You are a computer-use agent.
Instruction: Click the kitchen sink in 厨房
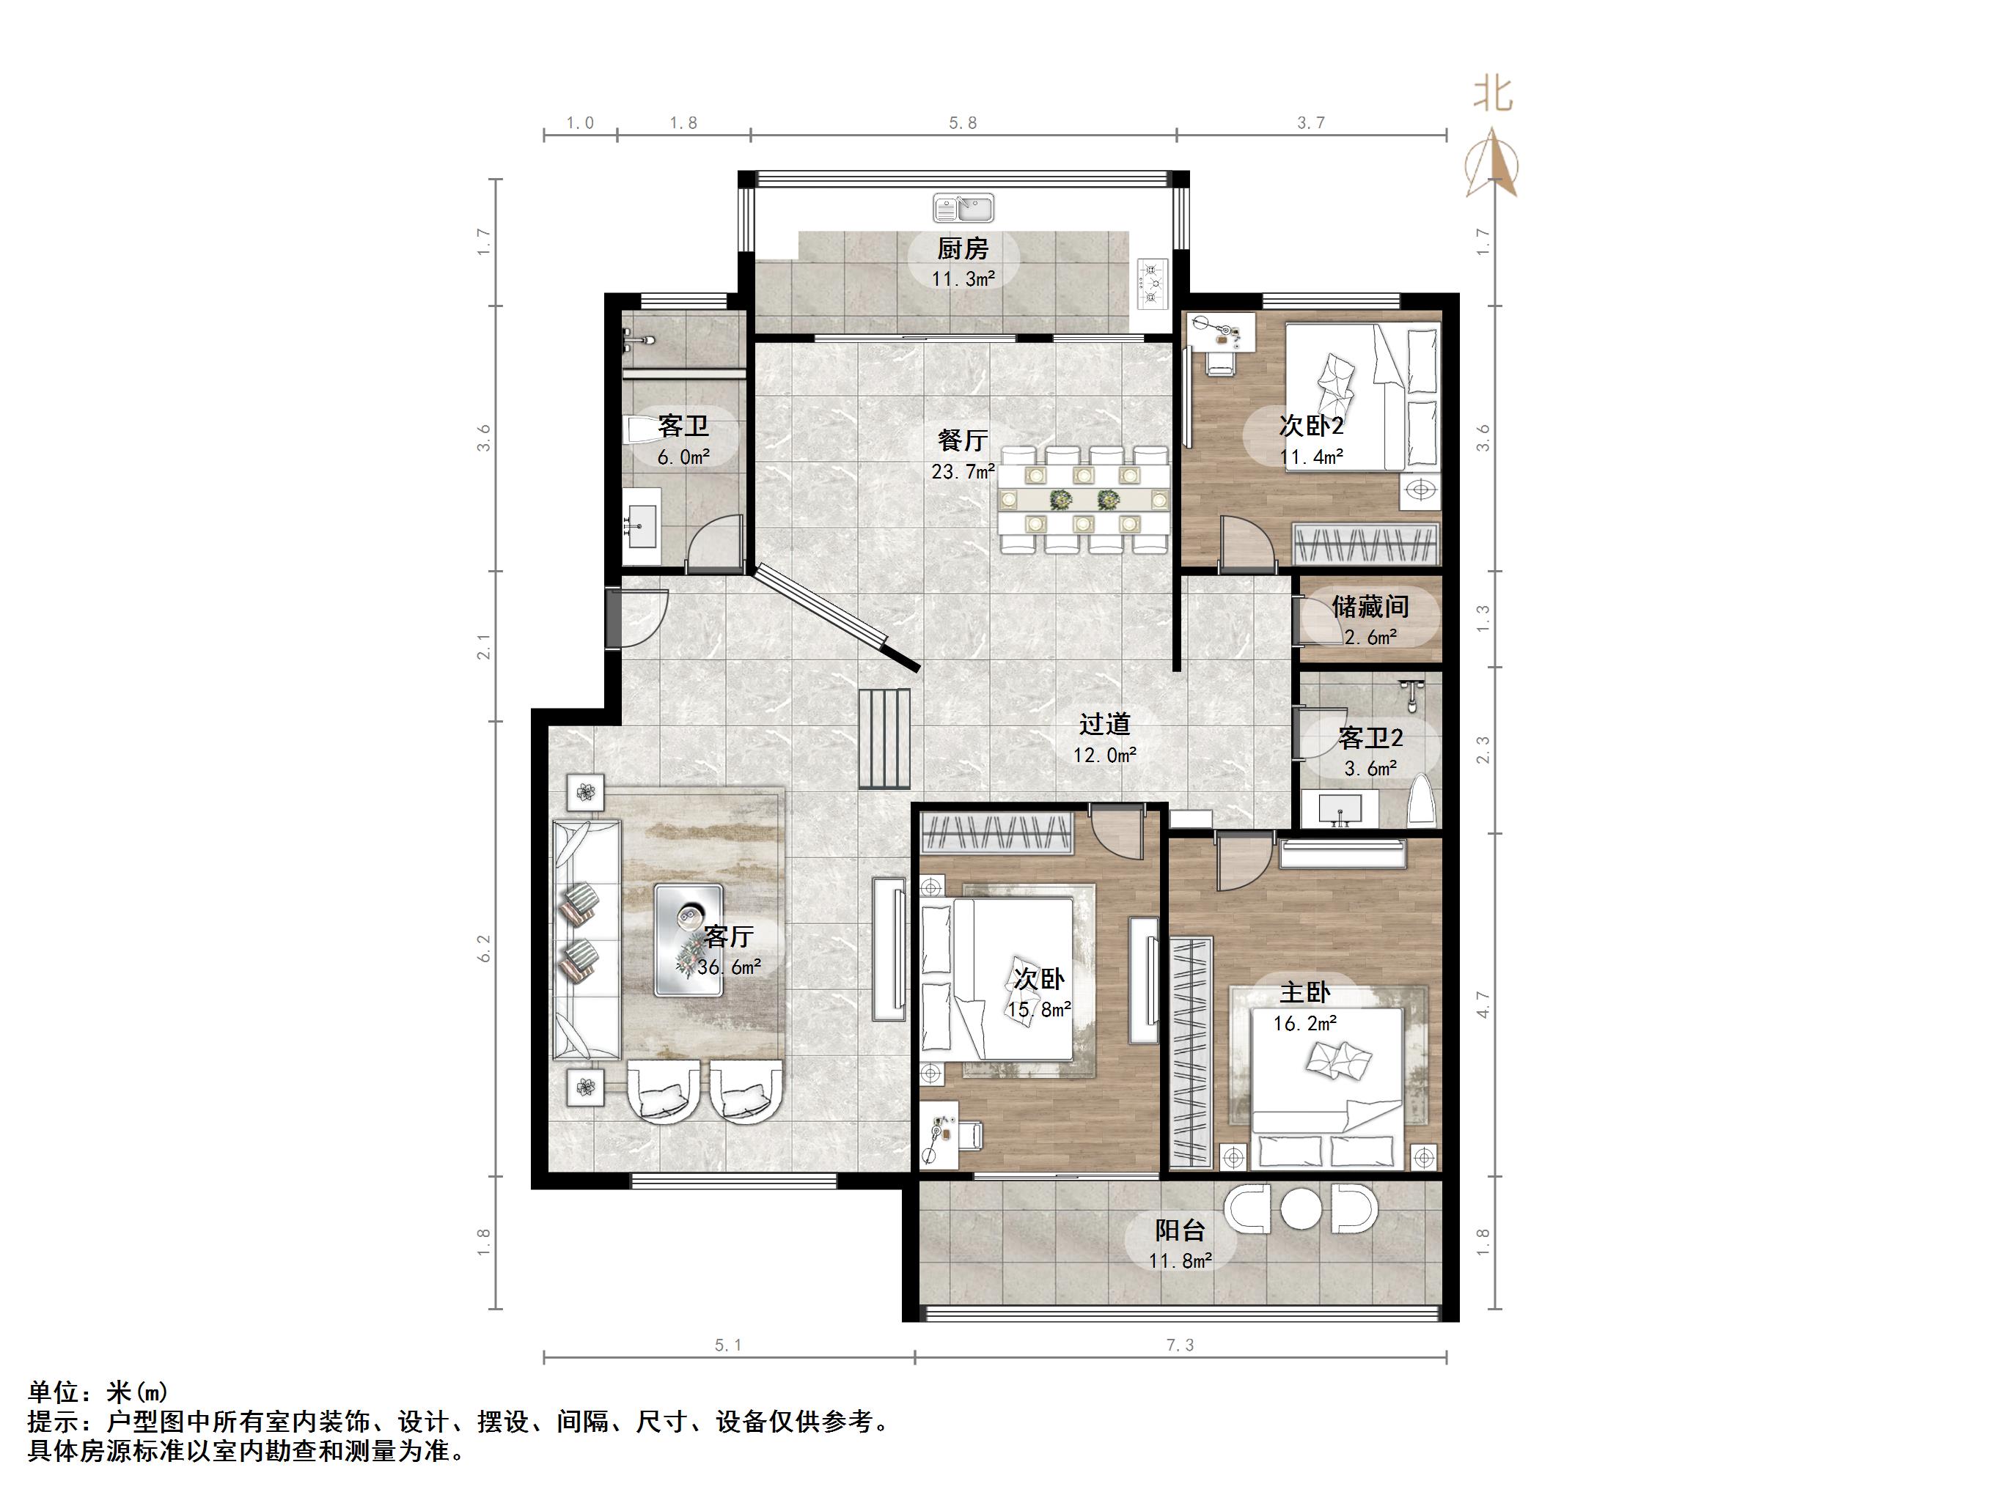point(963,207)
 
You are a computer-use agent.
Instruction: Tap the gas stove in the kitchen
point(1151,284)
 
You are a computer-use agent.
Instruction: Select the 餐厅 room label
point(963,440)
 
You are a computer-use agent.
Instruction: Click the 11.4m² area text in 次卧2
point(1311,457)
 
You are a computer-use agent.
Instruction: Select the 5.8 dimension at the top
point(963,123)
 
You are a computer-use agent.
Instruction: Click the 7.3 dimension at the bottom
point(1180,1345)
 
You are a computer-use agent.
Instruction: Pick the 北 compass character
point(1493,95)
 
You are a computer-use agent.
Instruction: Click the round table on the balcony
point(1300,1208)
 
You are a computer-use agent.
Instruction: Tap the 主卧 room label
point(1304,993)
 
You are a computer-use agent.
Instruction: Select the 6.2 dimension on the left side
point(485,948)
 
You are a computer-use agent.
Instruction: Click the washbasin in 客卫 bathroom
point(642,520)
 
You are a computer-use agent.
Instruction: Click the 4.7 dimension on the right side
point(1483,1005)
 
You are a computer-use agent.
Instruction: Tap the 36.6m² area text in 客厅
point(729,968)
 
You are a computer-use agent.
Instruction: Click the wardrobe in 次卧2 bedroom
point(1365,544)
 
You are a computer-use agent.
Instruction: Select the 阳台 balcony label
point(1180,1230)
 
